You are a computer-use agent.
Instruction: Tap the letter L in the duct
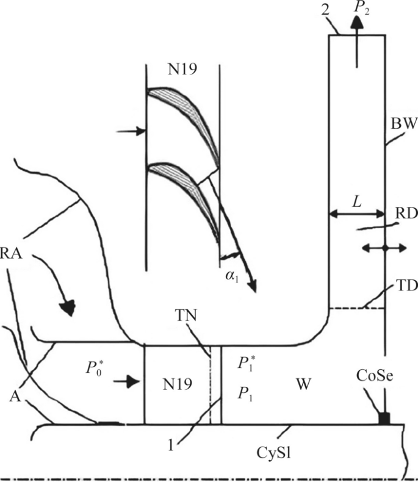click(356, 201)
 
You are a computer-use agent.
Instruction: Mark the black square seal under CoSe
click(384, 417)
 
